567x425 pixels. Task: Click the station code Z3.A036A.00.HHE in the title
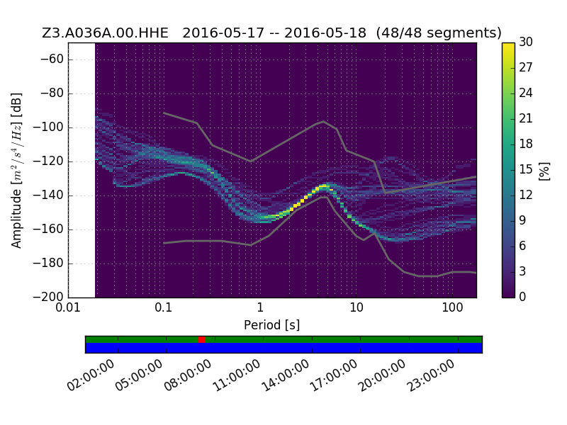coord(105,33)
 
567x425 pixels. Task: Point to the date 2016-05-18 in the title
coord(325,33)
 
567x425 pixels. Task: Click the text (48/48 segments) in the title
coord(439,33)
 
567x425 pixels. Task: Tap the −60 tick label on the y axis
coord(52,59)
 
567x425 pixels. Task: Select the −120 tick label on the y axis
coord(48,161)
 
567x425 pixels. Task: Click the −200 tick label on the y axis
coord(48,297)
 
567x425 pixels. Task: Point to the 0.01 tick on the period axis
coord(68,308)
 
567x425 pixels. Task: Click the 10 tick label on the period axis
coord(357,308)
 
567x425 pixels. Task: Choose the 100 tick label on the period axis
coord(452,308)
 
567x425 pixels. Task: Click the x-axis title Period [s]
coord(272,325)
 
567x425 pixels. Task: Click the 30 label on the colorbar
coord(526,42)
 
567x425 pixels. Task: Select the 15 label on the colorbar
coord(526,169)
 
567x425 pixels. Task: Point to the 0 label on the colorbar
coord(522,297)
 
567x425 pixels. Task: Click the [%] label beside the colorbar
coord(544,171)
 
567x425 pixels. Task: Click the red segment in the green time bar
coord(201,340)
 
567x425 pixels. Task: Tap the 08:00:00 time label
coord(188,376)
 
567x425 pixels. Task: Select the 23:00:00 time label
coord(431,376)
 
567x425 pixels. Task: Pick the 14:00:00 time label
coord(286,376)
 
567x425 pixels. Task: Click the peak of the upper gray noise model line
coord(324,121)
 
